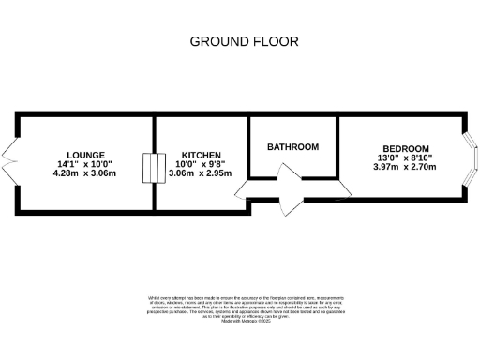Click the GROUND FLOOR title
coord(244,41)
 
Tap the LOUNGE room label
coord(85,155)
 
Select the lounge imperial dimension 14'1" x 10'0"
coord(85,164)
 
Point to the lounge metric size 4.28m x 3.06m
coord(85,173)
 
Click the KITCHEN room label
coord(201,155)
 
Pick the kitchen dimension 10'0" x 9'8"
coord(201,164)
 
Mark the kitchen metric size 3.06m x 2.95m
coord(201,173)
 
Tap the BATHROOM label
coord(292,147)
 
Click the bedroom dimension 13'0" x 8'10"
coord(404,157)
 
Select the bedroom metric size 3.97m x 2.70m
coord(404,168)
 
